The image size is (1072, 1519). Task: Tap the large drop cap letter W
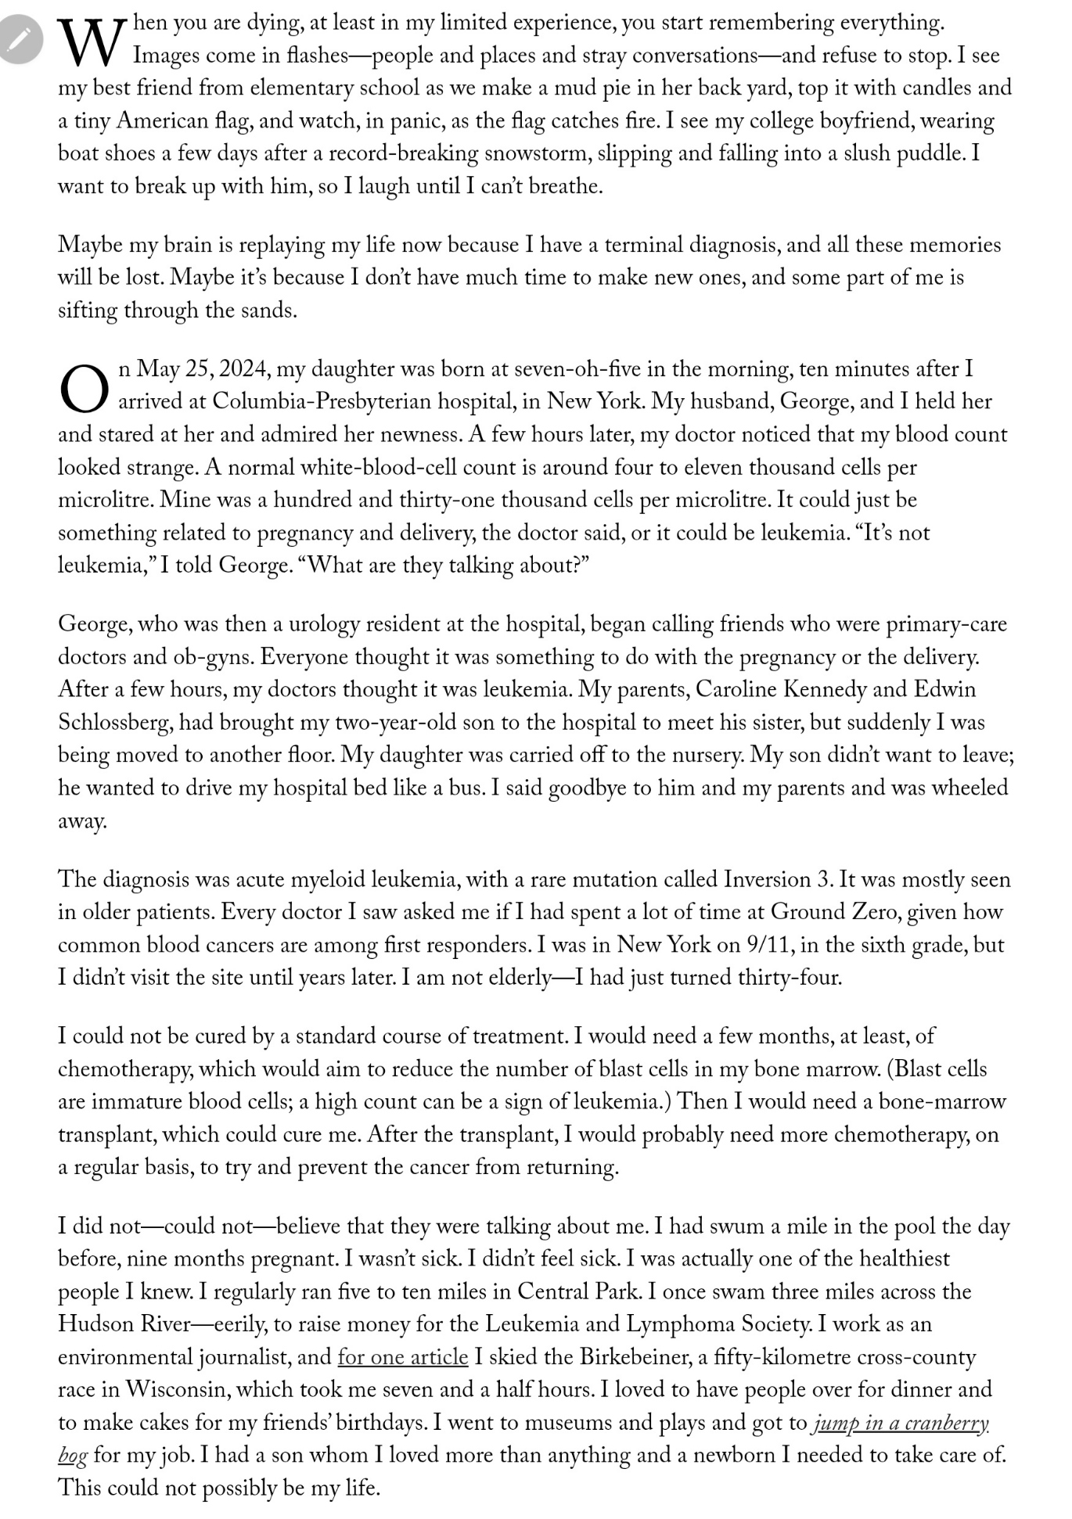92,43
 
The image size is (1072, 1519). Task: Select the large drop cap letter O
85,389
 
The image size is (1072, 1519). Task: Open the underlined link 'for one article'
403,1356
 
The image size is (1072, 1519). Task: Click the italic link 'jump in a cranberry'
901,1422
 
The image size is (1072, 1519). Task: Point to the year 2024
244,368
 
